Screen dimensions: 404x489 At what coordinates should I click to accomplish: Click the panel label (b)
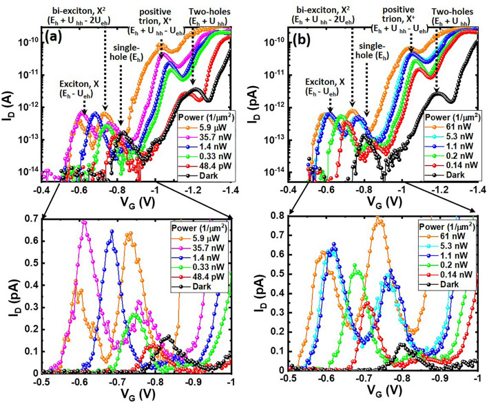pyautogui.click(x=298, y=32)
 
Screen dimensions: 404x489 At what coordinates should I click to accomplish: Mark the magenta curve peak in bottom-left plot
pyautogui.click(x=84, y=222)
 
